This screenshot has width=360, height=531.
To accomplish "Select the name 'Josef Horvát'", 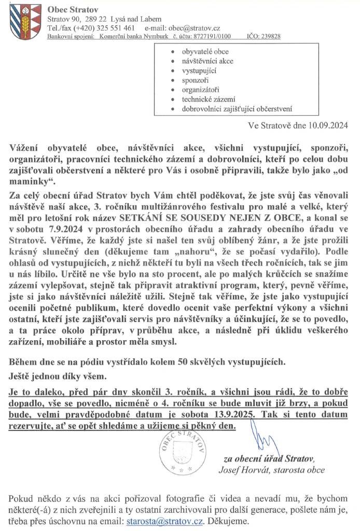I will [x=242, y=470].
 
